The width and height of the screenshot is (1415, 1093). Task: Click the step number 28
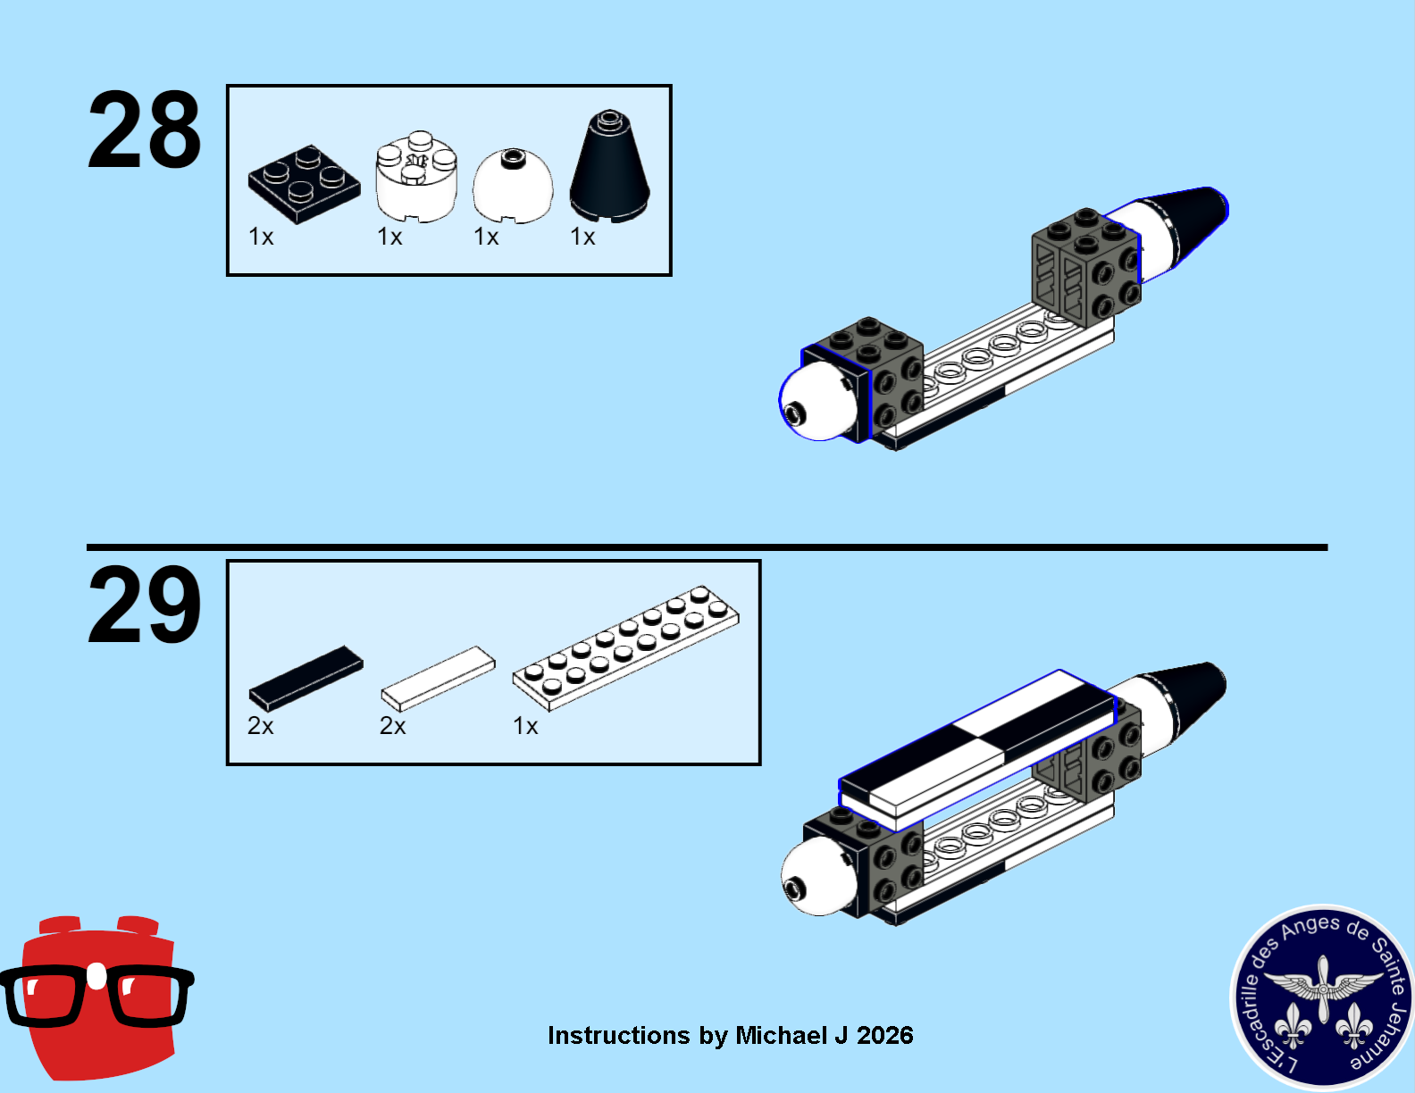tap(144, 129)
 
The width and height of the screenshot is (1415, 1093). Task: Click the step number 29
tap(144, 605)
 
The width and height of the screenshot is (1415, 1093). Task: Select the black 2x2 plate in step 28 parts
tap(304, 184)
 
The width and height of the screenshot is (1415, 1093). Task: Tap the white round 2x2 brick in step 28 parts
tap(417, 177)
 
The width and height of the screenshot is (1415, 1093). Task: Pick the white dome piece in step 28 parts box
tap(513, 186)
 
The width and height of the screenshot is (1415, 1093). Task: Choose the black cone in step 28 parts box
tap(609, 166)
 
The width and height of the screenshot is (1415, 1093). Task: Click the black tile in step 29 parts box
tap(306, 679)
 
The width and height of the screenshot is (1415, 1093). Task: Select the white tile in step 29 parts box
tap(439, 679)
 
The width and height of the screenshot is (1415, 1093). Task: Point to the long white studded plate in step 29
tap(626, 648)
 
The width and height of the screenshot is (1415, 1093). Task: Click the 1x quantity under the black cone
tap(582, 237)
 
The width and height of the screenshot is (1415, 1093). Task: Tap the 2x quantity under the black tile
tap(261, 726)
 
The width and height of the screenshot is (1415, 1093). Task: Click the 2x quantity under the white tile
tap(393, 726)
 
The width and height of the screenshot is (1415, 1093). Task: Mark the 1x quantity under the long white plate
tap(525, 726)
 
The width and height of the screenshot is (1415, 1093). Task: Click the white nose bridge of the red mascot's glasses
tap(97, 976)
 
